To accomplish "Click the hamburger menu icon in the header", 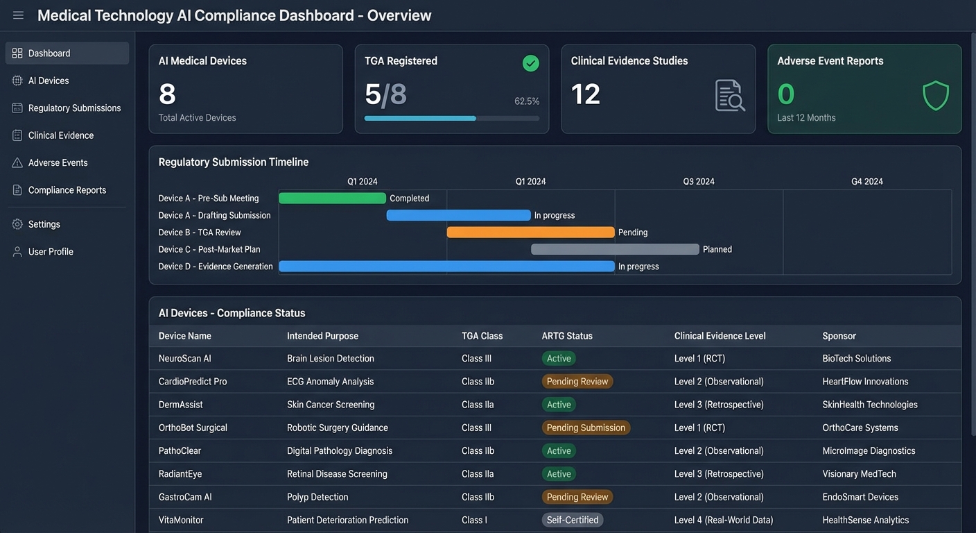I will (18, 15).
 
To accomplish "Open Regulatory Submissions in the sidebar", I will (74, 108).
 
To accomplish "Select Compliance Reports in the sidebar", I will (67, 190).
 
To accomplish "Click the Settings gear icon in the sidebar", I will (17, 224).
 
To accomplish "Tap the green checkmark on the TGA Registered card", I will (530, 64).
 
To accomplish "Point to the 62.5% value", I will (527, 101).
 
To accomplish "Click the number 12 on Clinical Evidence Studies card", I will (585, 94).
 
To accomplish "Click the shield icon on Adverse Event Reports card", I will (935, 96).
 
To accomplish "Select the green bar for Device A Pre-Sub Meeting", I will (332, 198).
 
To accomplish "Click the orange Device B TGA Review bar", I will (530, 232).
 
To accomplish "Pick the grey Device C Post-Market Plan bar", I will (615, 249).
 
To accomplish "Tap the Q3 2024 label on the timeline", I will (699, 182).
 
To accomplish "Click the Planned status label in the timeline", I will (717, 249).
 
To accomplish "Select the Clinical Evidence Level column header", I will (720, 336).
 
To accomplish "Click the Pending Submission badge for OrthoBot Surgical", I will (586, 428).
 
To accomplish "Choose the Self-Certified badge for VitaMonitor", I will (573, 520).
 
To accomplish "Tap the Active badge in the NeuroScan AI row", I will (559, 359).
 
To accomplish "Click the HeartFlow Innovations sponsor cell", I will (865, 382).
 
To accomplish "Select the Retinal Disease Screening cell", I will (337, 474).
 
